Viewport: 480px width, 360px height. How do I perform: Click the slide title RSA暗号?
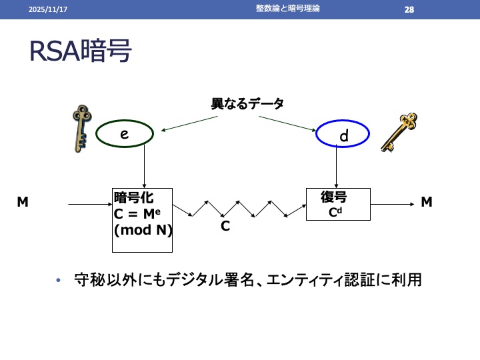81,52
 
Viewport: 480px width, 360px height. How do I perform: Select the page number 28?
409,9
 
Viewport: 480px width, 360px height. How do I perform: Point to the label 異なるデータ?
247,104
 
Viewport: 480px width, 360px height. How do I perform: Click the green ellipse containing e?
125,135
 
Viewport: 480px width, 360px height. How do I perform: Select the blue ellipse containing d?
343,135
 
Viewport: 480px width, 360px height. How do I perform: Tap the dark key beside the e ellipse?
81,128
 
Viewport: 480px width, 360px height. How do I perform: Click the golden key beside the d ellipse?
399,131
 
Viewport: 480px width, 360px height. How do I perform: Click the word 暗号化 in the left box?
134,197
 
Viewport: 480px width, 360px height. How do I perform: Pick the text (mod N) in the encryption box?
143,231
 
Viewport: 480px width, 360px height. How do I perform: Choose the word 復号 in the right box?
333,198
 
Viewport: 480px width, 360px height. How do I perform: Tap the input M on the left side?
23,201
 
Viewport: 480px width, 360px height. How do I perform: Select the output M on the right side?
427,201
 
